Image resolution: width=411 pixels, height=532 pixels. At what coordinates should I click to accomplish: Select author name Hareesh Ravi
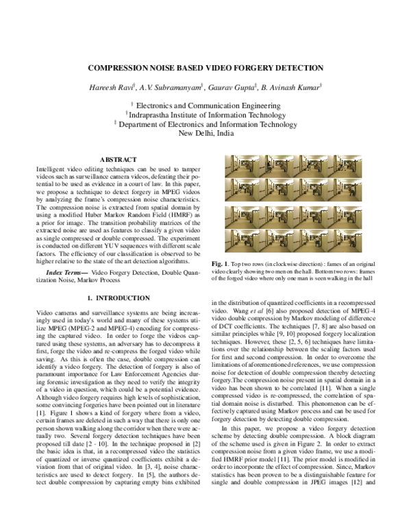pyautogui.click(x=126, y=86)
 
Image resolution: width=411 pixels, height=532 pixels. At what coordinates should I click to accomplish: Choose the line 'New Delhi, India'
pyautogui.click(x=206, y=134)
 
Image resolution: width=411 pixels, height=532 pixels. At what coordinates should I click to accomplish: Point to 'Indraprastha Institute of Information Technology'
pyautogui.click(x=208, y=115)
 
